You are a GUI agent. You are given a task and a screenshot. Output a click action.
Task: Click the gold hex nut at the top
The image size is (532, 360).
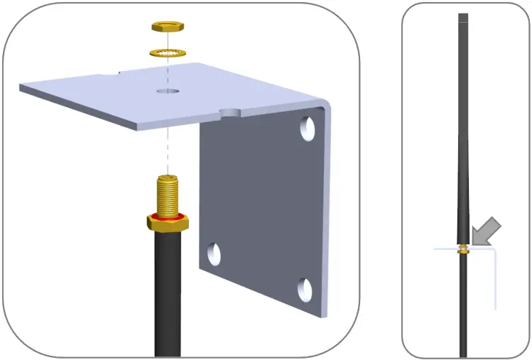click(168, 28)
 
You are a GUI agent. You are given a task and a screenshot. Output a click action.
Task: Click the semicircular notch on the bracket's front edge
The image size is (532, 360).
click(230, 113)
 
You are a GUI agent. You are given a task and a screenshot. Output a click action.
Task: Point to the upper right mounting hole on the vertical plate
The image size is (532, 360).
click(307, 128)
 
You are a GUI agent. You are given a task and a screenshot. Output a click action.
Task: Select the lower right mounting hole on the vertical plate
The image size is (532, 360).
click(305, 289)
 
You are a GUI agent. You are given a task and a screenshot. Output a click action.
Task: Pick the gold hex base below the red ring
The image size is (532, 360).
click(168, 223)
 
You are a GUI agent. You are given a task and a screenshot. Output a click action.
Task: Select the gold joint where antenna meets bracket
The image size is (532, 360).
click(463, 249)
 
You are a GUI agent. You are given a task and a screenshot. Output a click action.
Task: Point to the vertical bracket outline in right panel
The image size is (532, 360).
click(495, 280)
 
